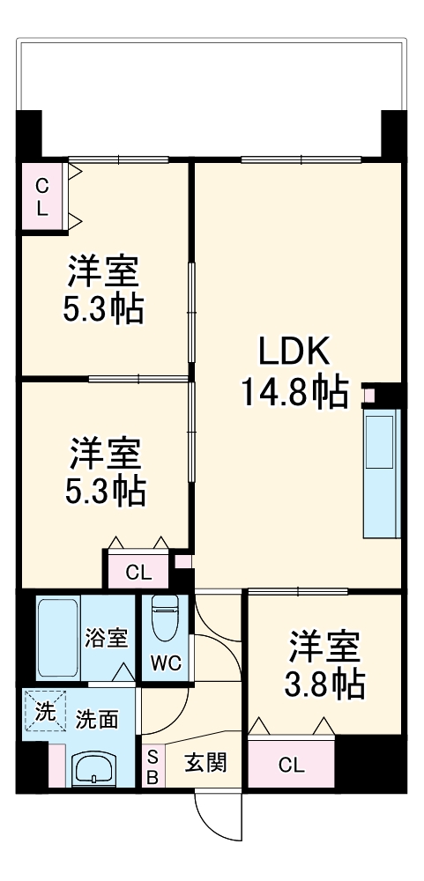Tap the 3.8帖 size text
325,683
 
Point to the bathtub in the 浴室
58,637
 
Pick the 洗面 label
97,719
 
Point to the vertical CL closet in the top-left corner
41,197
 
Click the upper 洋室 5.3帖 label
104,290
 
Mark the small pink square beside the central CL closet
182,559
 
